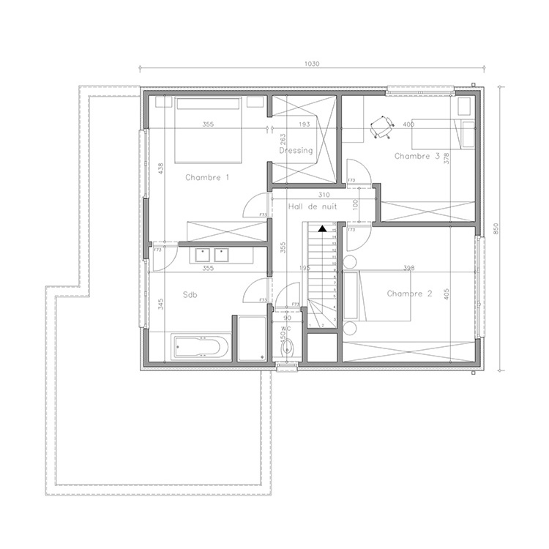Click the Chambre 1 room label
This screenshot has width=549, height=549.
tap(207, 177)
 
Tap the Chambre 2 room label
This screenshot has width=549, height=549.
tap(409, 294)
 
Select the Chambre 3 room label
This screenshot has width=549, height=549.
tap(417, 156)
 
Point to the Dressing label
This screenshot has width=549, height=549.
tap(296, 151)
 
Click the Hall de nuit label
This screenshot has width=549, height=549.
tap(311, 207)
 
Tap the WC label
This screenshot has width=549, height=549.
tap(285, 329)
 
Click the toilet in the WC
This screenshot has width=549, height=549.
tap(287, 348)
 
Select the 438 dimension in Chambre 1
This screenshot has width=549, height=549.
tap(160, 168)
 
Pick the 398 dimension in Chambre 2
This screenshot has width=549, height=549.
tap(408, 268)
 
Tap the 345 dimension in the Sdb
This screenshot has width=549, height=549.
tap(160, 304)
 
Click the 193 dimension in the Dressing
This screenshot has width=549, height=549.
tap(304, 124)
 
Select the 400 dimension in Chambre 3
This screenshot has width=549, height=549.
tap(408, 124)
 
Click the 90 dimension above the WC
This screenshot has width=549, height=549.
tap(287, 318)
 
